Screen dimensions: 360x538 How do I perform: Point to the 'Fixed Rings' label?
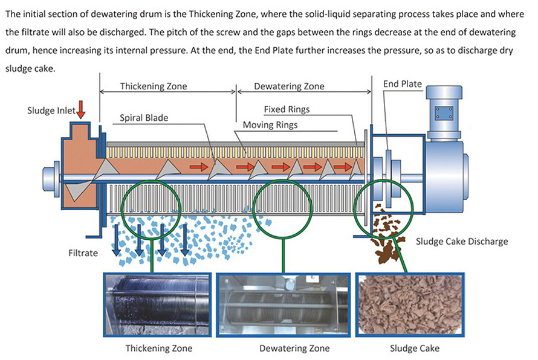pos(287,109)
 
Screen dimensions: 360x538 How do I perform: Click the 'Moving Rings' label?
pos(270,125)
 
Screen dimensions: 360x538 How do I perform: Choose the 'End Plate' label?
pos(403,84)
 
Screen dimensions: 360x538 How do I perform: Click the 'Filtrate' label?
pos(83,253)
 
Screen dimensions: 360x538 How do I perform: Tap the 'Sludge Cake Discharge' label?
pos(462,242)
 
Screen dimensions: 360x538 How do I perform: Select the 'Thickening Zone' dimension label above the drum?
pos(154,86)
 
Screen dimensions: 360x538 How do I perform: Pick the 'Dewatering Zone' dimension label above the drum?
pos(289,86)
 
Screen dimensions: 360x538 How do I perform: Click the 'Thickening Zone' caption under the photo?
pos(159,348)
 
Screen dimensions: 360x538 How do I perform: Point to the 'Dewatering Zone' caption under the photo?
pos(294,348)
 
